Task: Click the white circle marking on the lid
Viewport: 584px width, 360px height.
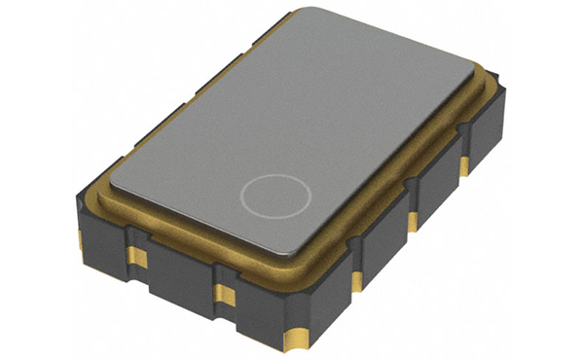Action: coord(276,195)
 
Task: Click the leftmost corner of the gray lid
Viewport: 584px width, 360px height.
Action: coord(110,174)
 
